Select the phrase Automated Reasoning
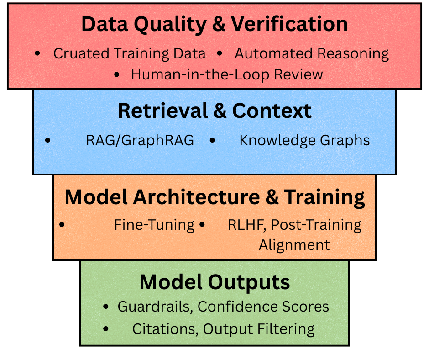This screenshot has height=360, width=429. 312,53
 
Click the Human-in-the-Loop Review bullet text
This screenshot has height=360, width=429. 227,74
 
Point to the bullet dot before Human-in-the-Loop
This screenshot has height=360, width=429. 118,74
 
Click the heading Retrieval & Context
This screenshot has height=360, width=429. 214,111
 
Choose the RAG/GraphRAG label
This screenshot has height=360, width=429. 140,140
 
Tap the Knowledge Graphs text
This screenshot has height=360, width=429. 304,140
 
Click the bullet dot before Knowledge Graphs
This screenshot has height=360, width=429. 212,140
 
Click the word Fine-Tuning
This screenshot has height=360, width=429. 154,225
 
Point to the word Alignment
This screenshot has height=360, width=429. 294,245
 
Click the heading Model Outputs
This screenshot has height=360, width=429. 214,282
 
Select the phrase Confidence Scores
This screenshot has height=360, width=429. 263,306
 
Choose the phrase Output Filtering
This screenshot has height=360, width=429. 259,329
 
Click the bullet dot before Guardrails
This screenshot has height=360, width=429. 106,306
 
